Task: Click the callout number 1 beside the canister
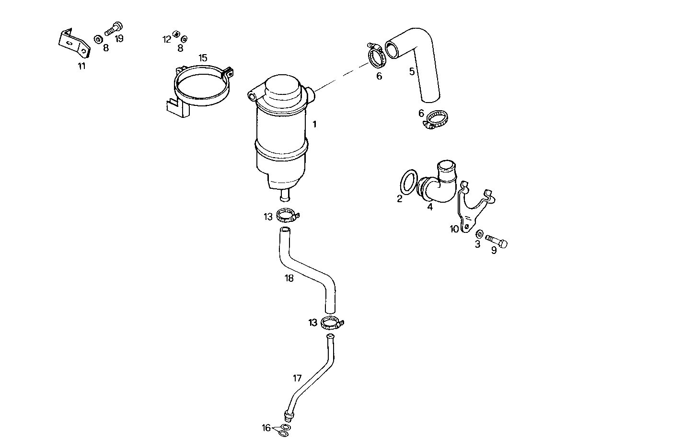pyautogui.click(x=314, y=124)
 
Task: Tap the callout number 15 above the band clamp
pyautogui.click(x=203, y=58)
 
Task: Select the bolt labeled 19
pyautogui.click(x=113, y=29)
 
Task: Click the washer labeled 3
pyautogui.click(x=479, y=234)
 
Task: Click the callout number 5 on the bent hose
pyautogui.click(x=412, y=72)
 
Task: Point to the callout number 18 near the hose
pyautogui.click(x=289, y=278)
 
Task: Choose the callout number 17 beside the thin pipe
pyautogui.click(x=297, y=378)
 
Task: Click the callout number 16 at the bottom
pyautogui.click(x=266, y=427)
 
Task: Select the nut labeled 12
pyautogui.click(x=176, y=34)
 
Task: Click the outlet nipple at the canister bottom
pyautogui.click(x=284, y=196)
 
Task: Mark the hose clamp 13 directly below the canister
pyautogui.click(x=288, y=215)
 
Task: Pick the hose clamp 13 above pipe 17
pyautogui.click(x=331, y=324)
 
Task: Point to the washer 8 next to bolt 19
pyautogui.click(x=98, y=38)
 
